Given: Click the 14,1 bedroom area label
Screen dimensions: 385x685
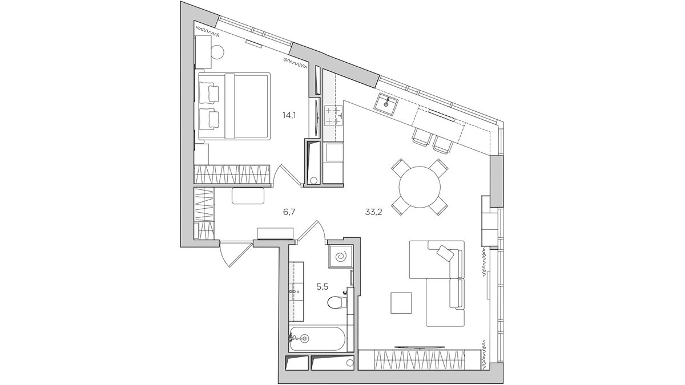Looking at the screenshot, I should coord(288,115).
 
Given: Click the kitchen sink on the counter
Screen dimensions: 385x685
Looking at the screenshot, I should coord(388,104).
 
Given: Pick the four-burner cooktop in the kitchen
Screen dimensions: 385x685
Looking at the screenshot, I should coord(332,116).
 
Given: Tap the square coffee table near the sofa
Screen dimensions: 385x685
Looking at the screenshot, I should coord(401,302).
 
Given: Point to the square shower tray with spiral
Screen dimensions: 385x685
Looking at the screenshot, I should coord(340,257).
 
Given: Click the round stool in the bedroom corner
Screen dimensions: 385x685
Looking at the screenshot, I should coord(217,51).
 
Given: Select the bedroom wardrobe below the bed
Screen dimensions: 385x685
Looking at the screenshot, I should coord(231,172).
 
